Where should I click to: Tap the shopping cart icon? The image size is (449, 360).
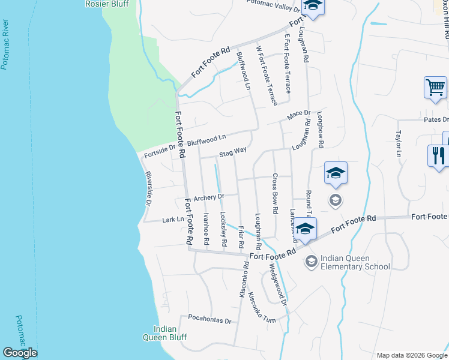click(435, 88)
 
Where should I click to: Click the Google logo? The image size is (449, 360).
click(20, 353)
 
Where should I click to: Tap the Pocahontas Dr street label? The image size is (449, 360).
click(209, 320)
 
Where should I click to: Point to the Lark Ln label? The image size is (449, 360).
click(173, 220)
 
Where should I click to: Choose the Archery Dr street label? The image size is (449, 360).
click(208, 197)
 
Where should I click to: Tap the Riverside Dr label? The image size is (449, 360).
click(148, 190)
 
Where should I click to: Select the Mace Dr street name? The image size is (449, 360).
click(298, 113)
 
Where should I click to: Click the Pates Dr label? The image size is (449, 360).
click(436, 119)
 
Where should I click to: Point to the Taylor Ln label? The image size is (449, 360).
click(398, 144)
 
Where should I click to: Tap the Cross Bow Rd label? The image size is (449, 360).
click(275, 194)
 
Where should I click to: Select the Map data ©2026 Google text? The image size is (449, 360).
click(411, 355)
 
